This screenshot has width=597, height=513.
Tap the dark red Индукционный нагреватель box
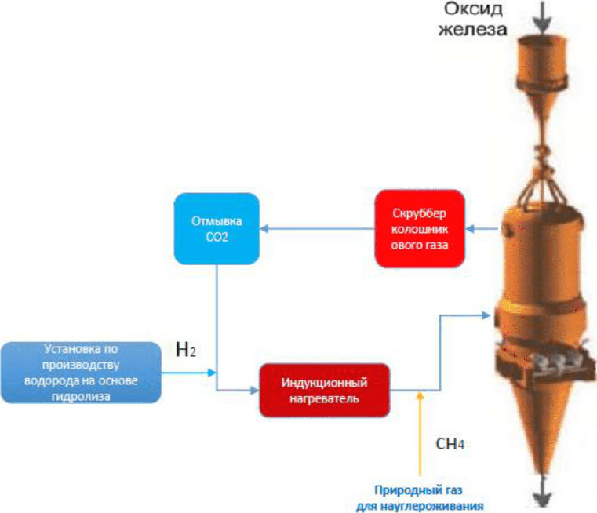(x=324, y=391)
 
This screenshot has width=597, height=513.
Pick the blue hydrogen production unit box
(x=82, y=372)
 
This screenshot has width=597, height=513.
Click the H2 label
(x=186, y=350)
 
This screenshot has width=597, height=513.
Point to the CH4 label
(x=450, y=444)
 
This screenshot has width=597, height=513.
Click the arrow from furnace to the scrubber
(x=480, y=229)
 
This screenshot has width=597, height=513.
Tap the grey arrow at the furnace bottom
(x=542, y=498)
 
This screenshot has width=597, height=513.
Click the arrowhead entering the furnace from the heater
(x=488, y=316)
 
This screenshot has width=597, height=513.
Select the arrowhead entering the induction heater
(x=253, y=390)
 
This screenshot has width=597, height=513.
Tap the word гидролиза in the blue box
(x=82, y=396)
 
